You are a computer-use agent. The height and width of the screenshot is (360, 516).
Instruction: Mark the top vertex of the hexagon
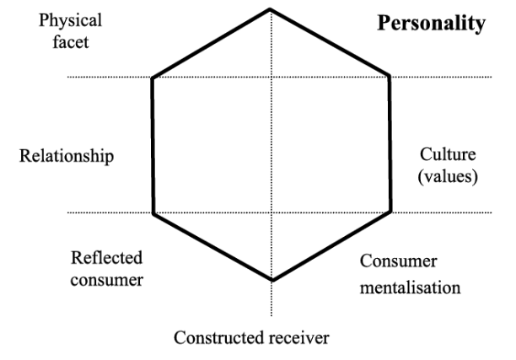tap(271, 9)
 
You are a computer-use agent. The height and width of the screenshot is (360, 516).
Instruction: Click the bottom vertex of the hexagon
tap(271, 280)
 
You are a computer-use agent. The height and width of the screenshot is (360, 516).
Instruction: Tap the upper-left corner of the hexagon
tap(152, 78)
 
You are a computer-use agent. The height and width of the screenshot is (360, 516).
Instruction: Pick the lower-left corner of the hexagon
tap(153, 212)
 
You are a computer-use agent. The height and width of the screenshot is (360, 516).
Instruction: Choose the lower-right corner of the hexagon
tap(390, 212)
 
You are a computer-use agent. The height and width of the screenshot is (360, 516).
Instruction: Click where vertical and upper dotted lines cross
tap(271, 78)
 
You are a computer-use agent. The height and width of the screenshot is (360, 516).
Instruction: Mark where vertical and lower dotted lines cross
tap(271, 212)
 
